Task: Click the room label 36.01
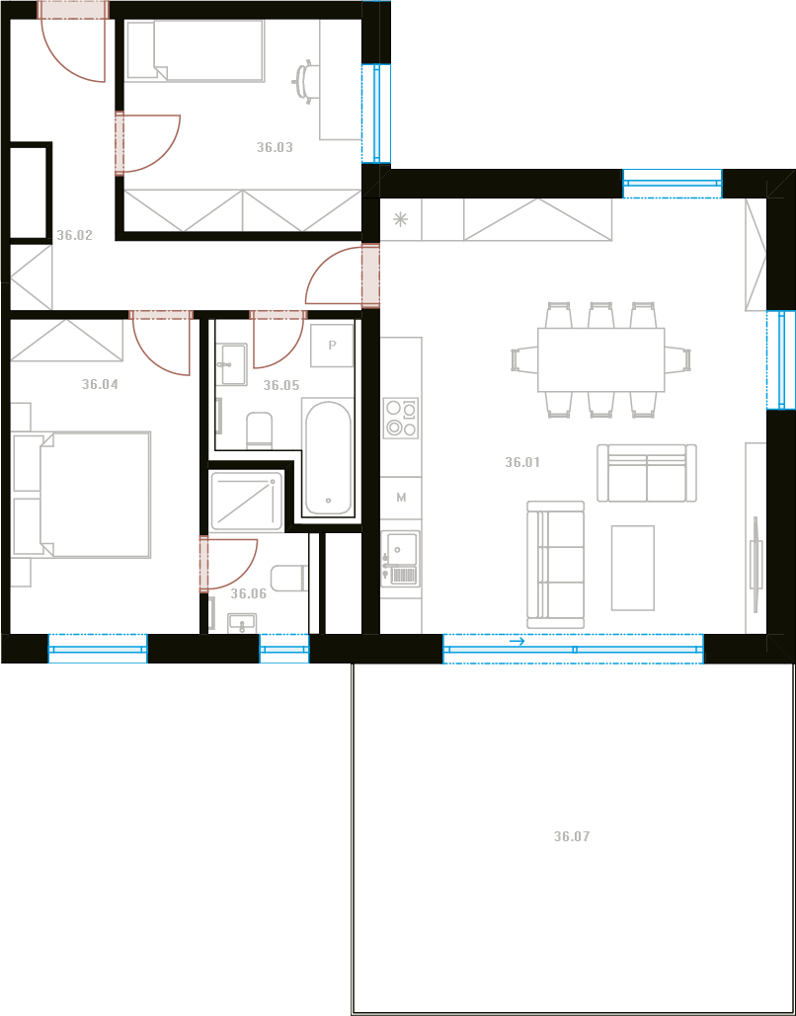tap(522, 463)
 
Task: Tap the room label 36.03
tap(275, 148)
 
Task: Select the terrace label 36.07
tap(572, 836)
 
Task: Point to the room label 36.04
tap(100, 384)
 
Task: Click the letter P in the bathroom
tap(332, 346)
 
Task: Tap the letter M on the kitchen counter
tap(401, 498)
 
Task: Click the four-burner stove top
tap(401, 418)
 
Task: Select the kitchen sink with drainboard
tap(401, 558)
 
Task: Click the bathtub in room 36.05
tap(329, 458)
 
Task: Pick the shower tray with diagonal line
tap(247, 499)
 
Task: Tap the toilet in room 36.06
tap(288, 578)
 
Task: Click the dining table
tap(600, 359)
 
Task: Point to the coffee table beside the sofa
tap(633, 568)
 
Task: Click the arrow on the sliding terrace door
tap(517, 642)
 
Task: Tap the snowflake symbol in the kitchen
tap(401, 219)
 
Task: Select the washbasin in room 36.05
tap(231, 364)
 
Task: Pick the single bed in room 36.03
tap(196, 50)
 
